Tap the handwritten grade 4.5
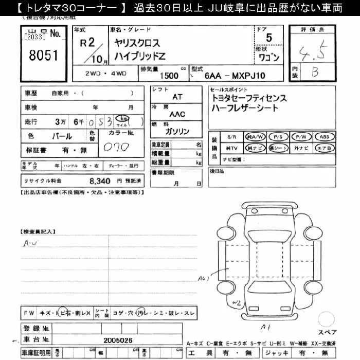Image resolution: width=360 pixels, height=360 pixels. (314, 52)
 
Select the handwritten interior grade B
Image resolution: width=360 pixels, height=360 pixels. (314, 72)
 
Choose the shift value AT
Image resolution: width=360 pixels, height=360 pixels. (177, 97)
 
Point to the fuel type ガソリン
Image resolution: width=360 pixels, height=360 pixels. (177, 132)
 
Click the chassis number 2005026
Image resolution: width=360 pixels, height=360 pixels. (118, 340)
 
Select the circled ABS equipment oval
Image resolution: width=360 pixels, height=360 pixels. (325, 137)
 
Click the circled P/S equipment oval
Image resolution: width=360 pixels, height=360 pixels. (278, 137)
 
